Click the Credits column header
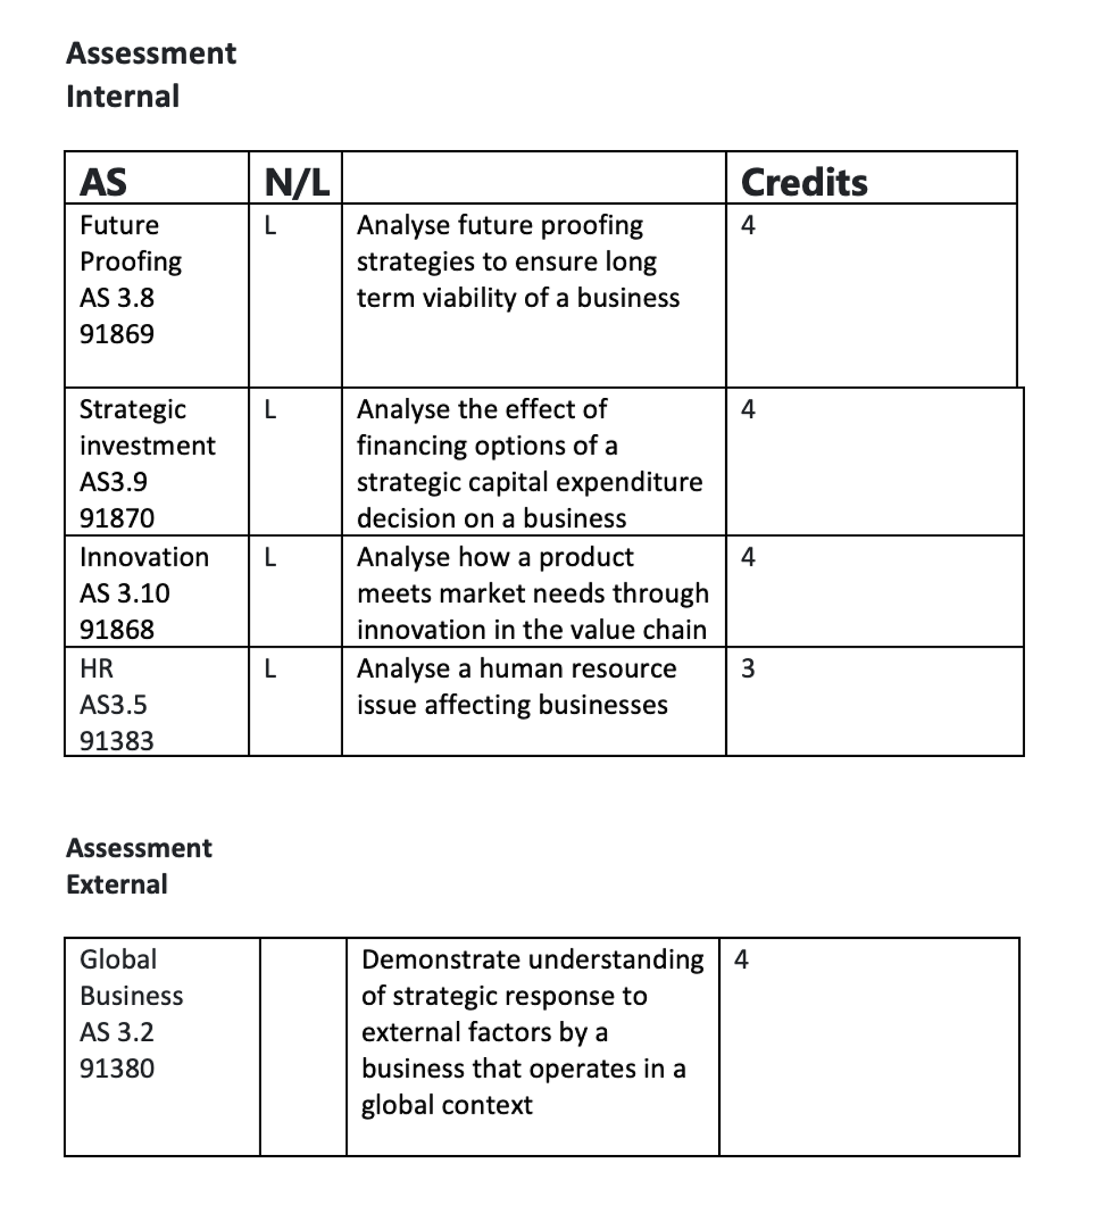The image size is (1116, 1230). tap(804, 183)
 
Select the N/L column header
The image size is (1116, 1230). tap(297, 183)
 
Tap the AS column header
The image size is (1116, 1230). tap(103, 183)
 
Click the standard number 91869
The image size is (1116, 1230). tap(117, 334)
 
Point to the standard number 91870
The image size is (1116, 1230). tap(117, 518)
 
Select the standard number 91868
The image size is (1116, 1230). tap(117, 629)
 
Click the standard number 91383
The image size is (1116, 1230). tap(117, 740)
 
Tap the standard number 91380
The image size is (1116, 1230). tap(117, 1068)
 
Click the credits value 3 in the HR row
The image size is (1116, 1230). tap(748, 669)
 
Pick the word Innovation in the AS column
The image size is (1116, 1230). tap(144, 557)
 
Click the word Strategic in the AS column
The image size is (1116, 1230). tap(133, 410)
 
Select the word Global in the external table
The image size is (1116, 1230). tap(119, 959)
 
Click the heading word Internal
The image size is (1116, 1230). tap(123, 97)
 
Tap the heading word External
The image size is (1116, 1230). tap(117, 884)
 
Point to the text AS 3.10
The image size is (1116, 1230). tap(125, 593)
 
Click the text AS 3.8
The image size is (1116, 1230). tap(117, 298)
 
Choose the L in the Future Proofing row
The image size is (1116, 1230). tap(270, 226)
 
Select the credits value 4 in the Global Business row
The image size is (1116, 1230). tap(741, 959)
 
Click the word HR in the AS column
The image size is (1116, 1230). tap(97, 669)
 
